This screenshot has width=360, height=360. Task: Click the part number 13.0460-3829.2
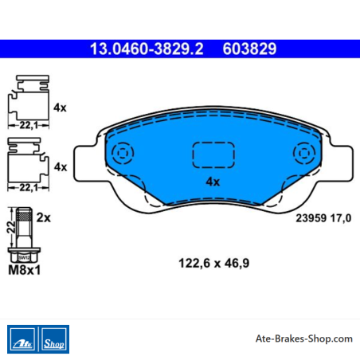(147, 49)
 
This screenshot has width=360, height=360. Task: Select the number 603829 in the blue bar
(249, 49)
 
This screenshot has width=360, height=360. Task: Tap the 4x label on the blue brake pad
(213, 182)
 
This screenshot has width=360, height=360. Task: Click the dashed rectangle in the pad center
(213, 155)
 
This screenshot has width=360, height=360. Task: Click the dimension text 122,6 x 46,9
(214, 264)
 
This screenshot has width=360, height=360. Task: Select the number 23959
(311, 218)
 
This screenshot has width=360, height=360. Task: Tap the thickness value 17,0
(341, 218)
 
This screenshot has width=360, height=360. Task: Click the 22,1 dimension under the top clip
(29, 125)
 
